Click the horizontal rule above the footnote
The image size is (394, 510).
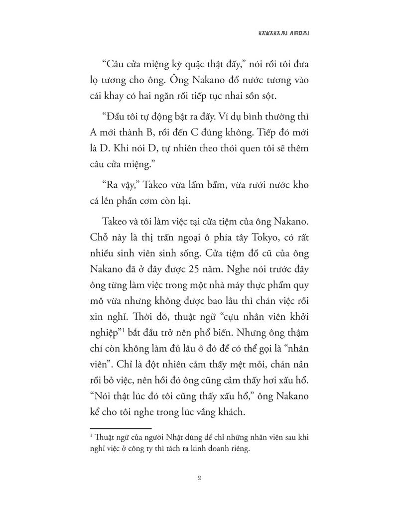(121, 428)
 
